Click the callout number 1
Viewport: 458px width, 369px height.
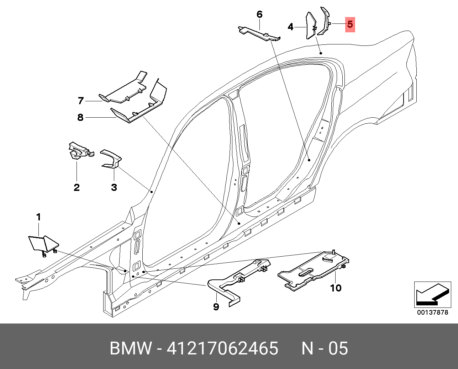(38, 217)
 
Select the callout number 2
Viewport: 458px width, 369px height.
(77, 187)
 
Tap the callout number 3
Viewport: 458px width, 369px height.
(114, 187)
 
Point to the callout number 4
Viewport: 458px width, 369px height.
(291, 27)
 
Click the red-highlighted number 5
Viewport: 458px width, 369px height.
(350, 25)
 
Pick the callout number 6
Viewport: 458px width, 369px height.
(259, 15)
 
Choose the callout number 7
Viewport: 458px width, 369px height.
(81, 101)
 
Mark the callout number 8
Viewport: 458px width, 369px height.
(80, 117)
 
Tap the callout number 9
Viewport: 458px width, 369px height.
(216, 306)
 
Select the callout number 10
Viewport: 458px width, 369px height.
(336, 288)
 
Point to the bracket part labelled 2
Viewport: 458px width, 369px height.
(79, 151)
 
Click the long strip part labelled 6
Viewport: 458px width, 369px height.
(259, 33)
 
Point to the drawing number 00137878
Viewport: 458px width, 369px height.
(432, 312)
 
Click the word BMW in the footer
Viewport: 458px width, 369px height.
(131, 348)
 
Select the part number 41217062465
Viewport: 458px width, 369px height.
(222, 348)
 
